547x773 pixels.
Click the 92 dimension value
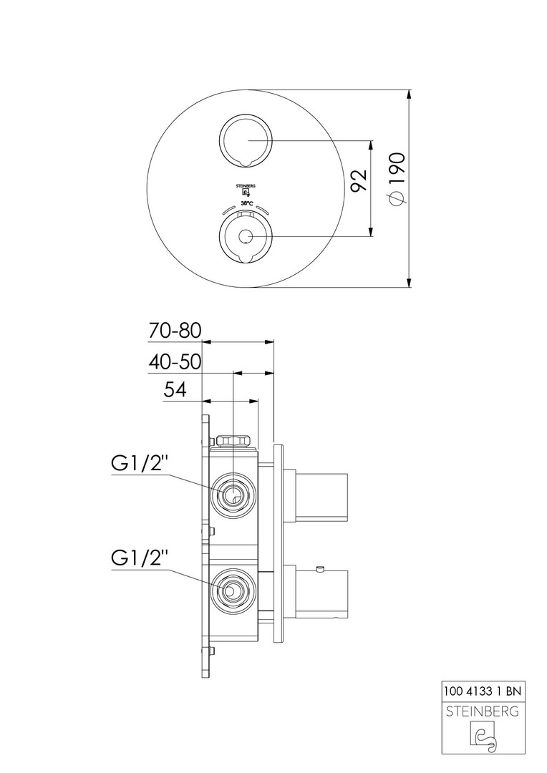(x=360, y=180)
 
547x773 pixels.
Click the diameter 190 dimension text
(x=396, y=180)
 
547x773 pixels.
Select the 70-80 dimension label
(x=175, y=331)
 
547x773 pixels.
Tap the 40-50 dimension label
(x=175, y=362)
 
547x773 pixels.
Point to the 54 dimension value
(x=175, y=390)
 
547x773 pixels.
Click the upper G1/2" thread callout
(x=140, y=464)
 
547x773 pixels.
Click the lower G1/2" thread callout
(x=140, y=558)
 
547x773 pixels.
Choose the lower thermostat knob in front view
(x=246, y=236)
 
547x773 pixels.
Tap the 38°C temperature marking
(x=246, y=204)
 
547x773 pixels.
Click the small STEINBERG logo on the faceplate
(x=246, y=190)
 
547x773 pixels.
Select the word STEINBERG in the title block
(x=484, y=711)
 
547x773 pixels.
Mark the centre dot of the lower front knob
(x=246, y=236)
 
